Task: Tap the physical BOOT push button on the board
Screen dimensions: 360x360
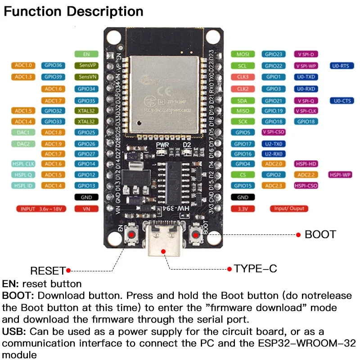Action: (x=196, y=234)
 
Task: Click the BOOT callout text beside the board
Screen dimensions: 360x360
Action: (x=320, y=234)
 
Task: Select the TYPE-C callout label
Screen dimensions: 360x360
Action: (x=255, y=269)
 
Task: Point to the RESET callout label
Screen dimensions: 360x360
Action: (x=48, y=271)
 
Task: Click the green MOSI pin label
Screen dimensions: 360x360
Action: (x=243, y=54)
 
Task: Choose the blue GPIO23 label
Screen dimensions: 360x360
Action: (x=273, y=54)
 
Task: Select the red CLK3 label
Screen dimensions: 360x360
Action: (x=243, y=77)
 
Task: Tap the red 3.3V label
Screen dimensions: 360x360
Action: (x=243, y=209)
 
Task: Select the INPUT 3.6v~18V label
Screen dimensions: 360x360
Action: (x=40, y=209)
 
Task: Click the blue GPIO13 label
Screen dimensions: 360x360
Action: (x=86, y=185)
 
